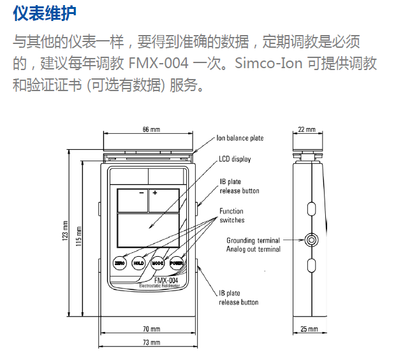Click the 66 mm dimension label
(x=150, y=129)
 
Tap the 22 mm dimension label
(x=307, y=129)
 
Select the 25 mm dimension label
(x=308, y=329)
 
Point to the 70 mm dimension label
(x=151, y=329)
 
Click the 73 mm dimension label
(x=151, y=343)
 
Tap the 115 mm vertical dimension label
(x=78, y=236)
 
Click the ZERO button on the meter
(x=119, y=263)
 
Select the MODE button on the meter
(x=158, y=263)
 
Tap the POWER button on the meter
(x=176, y=263)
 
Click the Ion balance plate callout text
(x=240, y=138)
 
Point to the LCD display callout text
(x=233, y=159)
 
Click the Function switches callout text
(x=231, y=215)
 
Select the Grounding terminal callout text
(x=253, y=240)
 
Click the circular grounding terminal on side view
(x=311, y=240)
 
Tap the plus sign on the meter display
(x=155, y=192)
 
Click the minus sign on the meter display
(x=141, y=192)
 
